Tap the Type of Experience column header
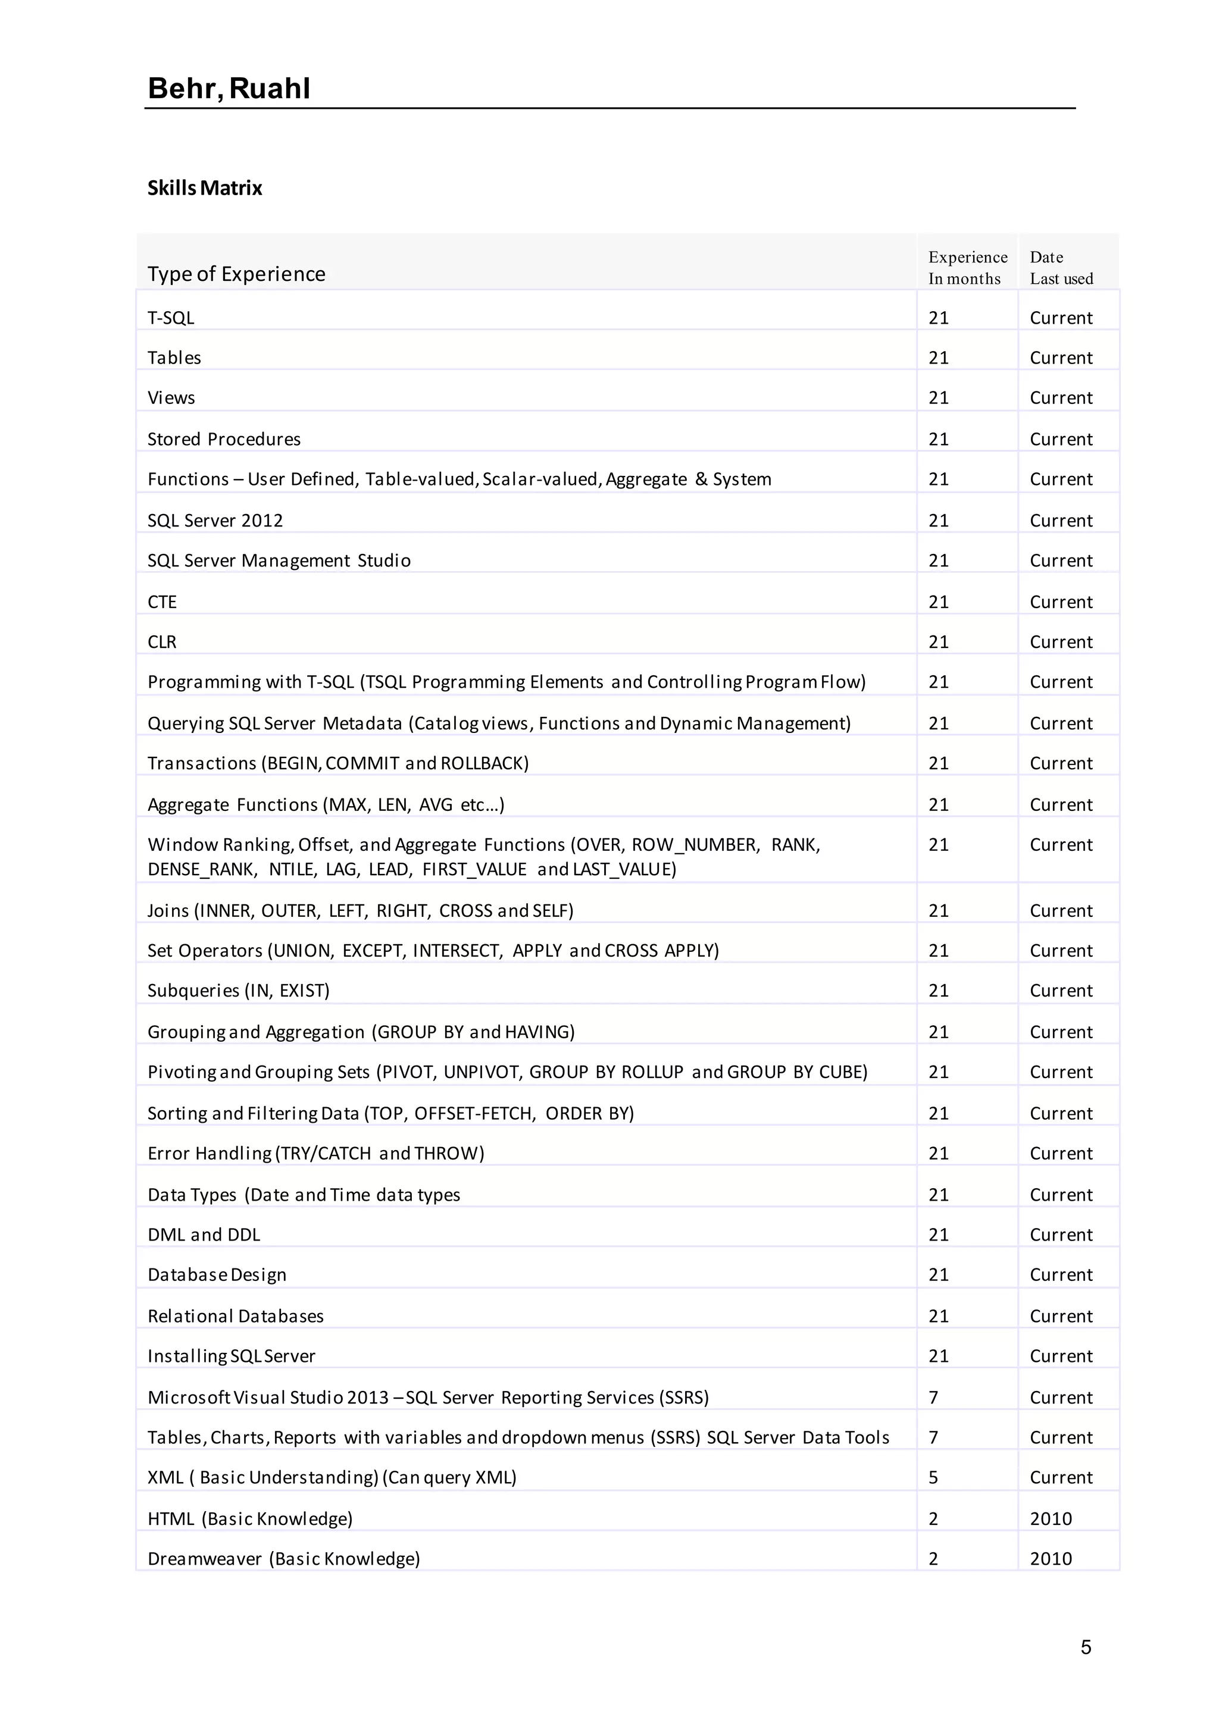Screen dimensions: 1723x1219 [236, 274]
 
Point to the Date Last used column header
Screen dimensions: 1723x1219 [1061, 268]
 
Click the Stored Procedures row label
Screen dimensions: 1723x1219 [224, 439]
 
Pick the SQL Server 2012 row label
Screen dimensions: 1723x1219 [215, 521]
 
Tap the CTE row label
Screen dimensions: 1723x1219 [162, 602]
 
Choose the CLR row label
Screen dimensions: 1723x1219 [162, 643]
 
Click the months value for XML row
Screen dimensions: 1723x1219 [933, 1478]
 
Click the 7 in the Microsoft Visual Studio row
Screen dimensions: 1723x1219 [933, 1398]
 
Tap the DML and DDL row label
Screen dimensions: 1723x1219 [204, 1235]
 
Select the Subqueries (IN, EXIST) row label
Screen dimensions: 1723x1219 [238, 991]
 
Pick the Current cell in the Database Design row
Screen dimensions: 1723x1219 [1061, 1275]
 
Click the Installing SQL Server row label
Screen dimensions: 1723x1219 [231, 1356]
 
